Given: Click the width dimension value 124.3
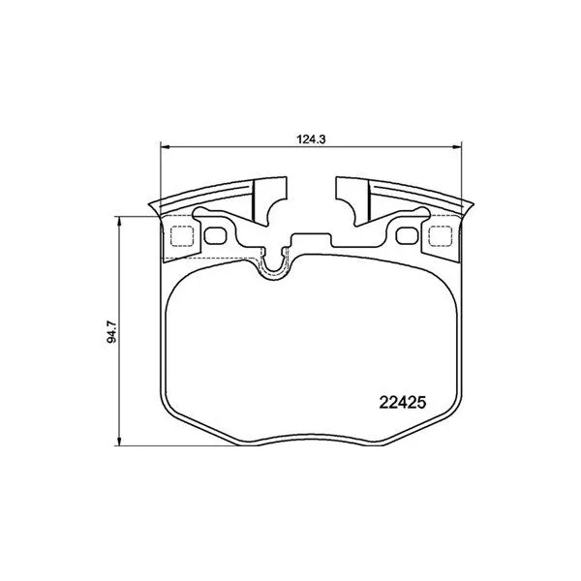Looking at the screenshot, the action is click(x=311, y=139).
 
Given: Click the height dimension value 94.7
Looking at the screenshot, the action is click(x=111, y=332).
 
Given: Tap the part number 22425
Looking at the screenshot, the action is click(x=403, y=403).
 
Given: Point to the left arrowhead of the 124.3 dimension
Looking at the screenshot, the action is click(x=165, y=147).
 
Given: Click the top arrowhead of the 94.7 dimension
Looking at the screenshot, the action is click(x=119, y=221).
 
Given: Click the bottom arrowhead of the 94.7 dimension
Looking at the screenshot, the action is click(x=119, y=441).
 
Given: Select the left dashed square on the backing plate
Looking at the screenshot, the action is click(x=182, y=236).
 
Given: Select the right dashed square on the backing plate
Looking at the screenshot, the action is click(x=441, y=236).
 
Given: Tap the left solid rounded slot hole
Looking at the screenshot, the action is click(x=215, y=236).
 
